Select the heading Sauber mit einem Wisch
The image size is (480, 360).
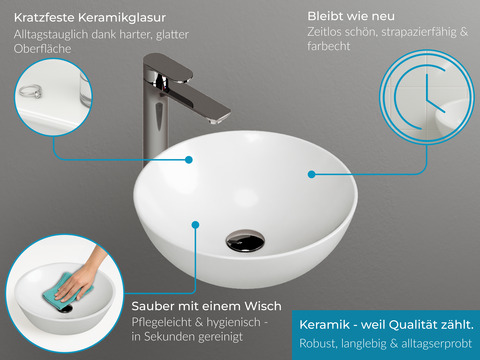pos(206,305)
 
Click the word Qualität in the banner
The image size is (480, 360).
pos(411,325)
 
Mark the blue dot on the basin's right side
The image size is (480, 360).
pos(312,173)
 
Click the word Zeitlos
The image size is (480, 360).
pos(329,34)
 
